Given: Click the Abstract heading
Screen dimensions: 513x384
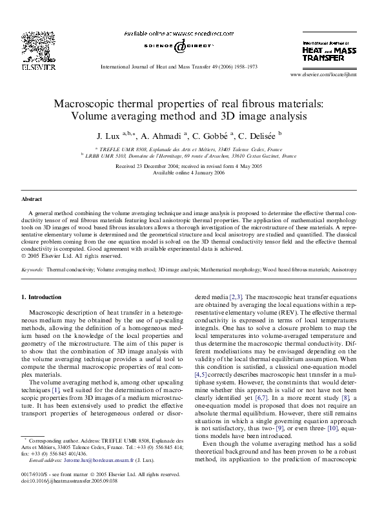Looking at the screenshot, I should pyautogui.click(x=32, y=200).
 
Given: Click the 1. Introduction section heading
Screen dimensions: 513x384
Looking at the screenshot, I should pyautogui.click(x=41, y=297).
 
